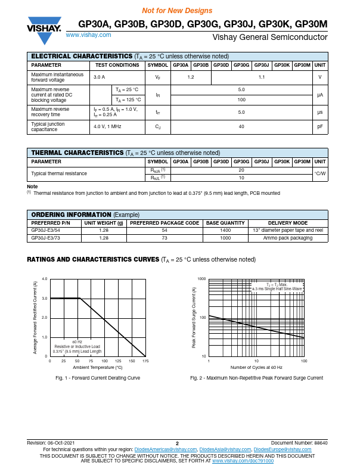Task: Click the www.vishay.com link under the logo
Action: (x=86, y=36)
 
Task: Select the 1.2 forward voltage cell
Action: (x=191, y=77)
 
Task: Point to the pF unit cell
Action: (x=320, y=127)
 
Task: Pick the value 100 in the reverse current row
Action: (x=241, y=100)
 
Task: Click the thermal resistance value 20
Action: (x=241, y=170)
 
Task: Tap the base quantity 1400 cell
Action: (x=225, y=230)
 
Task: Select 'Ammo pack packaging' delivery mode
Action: (x=288, y=238)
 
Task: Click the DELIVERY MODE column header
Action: (x=288, y=223)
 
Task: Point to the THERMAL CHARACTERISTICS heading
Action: (x=77, y=153)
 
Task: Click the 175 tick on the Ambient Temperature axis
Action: (x=145, y=361)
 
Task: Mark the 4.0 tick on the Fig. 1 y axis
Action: (x=45, y=279)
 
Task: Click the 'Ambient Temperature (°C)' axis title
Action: (x=97, y=368)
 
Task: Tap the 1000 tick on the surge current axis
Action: (x=201, y=279)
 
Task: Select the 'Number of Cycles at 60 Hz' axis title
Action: (x=256, y=368)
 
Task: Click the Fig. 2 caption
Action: (x=256, y=378)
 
